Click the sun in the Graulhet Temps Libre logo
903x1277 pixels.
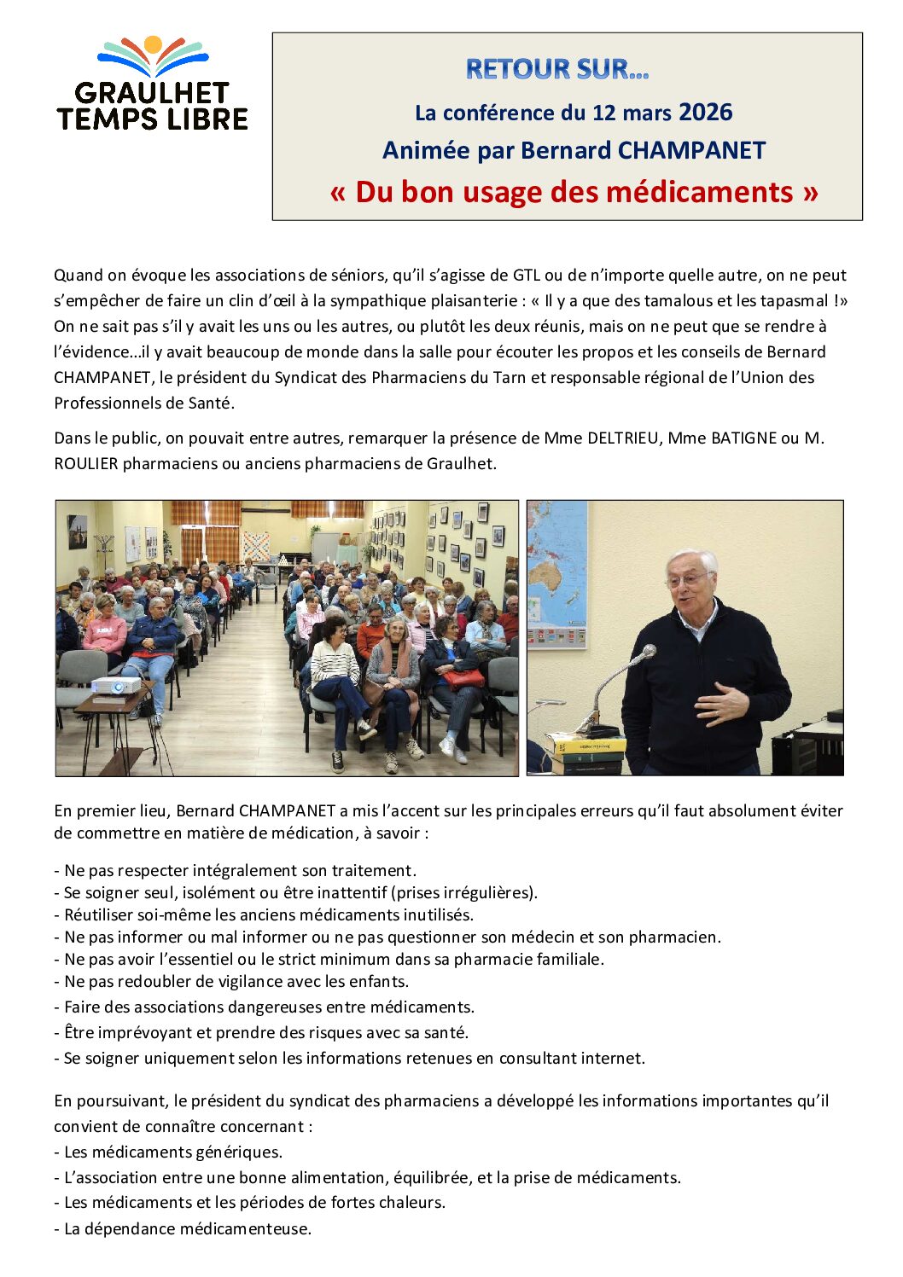click(x=153, y=44)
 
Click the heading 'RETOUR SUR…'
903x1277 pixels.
click(x=557, y=69)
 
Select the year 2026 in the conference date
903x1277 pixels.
click(x=705, y=112)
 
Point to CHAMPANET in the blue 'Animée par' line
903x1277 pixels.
click(x=691, y=150)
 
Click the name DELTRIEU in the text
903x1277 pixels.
click(x=623, y=438)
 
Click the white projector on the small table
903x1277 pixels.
click(x=116, y=685)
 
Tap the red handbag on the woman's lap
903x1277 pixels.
click(x=463, y=679)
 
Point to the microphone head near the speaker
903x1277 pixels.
click(x=648, y=653)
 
